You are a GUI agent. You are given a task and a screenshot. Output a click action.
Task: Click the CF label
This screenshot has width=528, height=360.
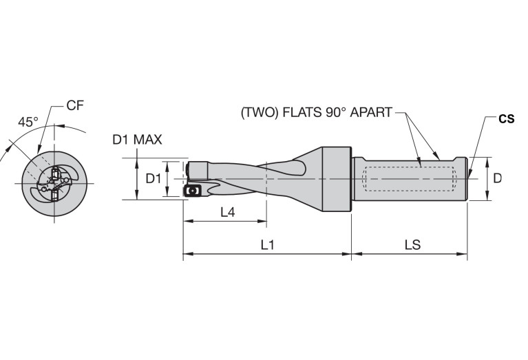coord(75,105)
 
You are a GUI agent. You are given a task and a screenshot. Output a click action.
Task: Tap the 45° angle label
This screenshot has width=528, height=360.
coord(28,122)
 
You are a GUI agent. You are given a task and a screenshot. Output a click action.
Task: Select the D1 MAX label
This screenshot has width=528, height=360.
coord(137,140)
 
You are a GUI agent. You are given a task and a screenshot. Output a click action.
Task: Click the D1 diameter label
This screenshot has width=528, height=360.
coord(154,178)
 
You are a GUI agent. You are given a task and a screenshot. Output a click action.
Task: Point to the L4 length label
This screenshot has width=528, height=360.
coord(228,212)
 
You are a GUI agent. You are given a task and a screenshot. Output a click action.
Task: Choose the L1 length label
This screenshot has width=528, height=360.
coord(268,245)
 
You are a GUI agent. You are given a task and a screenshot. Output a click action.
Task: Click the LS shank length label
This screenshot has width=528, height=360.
coord(412,245)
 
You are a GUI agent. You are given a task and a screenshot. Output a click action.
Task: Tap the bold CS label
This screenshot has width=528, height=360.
coord(507,118)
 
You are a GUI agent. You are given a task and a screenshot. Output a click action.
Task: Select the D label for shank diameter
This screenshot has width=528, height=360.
coord(497,178)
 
